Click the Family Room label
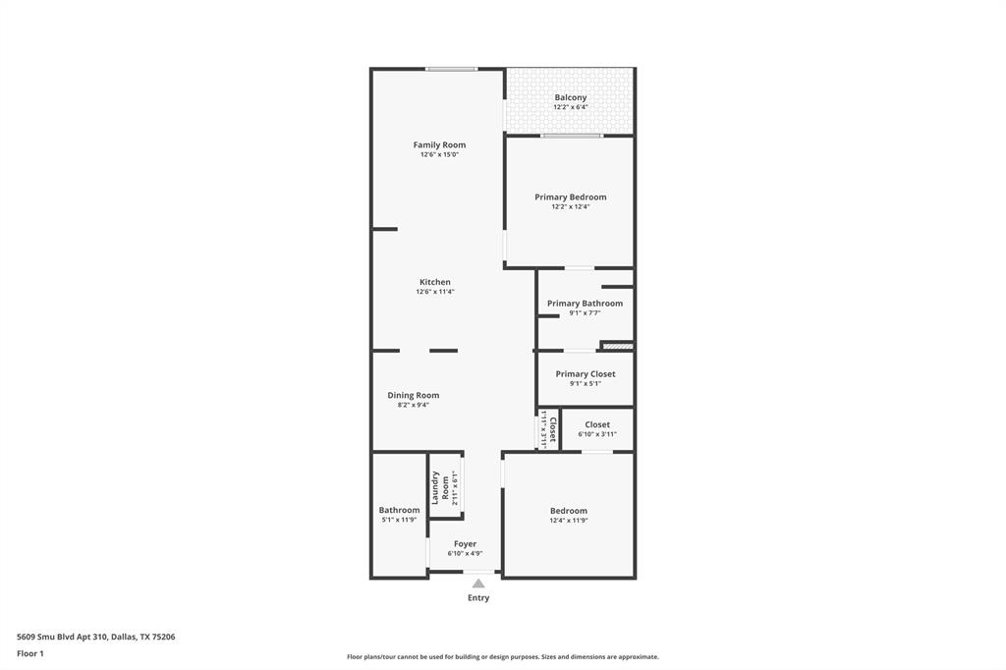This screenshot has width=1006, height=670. [x=439, y=144]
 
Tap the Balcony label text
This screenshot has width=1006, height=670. [x=570, y=97]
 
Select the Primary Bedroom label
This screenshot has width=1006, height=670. [x=570, y=196]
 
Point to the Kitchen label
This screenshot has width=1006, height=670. [x=435, y=282]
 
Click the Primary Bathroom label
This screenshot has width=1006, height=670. [x=585, y=304]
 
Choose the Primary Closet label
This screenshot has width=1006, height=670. [x=586, y=373]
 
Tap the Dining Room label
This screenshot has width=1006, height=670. [x=413, y=395]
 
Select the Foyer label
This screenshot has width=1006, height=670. [x=465, y=543]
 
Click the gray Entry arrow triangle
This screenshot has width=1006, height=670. [x=478, y=584]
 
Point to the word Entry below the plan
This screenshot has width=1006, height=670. [x=478, y=597]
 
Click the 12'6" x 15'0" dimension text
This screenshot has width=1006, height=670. [x=439, y=154]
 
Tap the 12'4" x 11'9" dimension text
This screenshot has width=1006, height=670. [x=569, y=520]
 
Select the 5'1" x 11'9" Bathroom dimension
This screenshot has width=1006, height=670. [x=399, y=520]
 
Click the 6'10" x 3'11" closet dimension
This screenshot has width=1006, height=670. [x=597, y=434]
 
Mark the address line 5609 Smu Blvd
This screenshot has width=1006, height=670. [x=96, y=637]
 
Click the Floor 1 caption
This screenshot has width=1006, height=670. [x=30, y=653]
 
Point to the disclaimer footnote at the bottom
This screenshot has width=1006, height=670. [x=502, y=657]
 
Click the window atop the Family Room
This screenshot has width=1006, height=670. [x=452, y=69]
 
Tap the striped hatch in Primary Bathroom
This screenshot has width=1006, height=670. [x=617, y=346]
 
